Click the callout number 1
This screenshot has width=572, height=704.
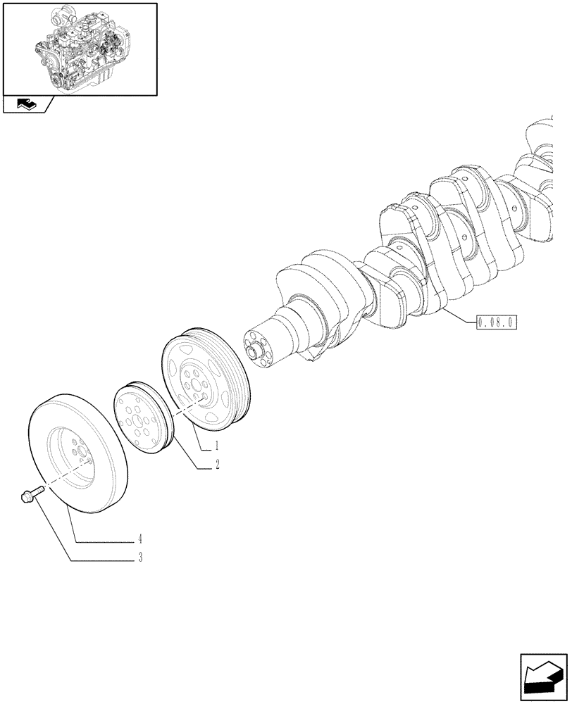(x=217, y=445)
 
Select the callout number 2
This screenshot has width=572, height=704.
(x=217, y=464)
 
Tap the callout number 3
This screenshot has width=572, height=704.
(x=141, y=558)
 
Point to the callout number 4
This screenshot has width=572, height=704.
(x=141, y=539)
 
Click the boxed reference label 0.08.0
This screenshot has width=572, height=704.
(x=497, y=323)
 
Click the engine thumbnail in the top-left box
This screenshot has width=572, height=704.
(x=80, y=48)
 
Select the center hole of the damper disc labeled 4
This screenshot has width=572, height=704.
(x=80, y=455)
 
